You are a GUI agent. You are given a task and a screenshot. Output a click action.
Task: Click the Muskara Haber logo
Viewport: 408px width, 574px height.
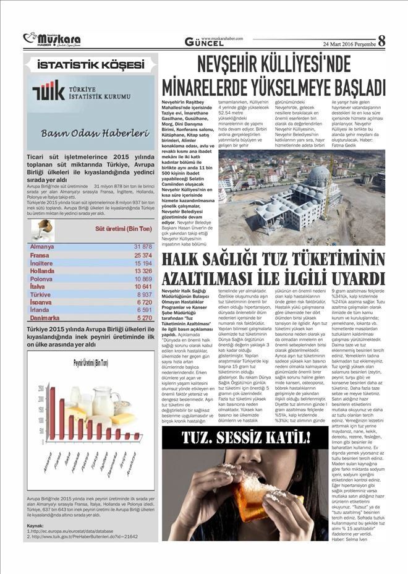click(x=52, y=40)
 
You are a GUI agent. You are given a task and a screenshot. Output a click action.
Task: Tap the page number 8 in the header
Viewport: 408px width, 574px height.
click(x=381, y=41)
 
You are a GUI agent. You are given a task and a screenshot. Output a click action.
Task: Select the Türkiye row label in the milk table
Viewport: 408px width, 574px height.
click(x=41, y=295)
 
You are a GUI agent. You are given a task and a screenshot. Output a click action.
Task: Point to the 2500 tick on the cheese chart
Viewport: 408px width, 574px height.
click(x=41, y=388)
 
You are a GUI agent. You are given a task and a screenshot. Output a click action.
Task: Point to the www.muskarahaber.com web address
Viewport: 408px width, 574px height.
click(x=222, y=38)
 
